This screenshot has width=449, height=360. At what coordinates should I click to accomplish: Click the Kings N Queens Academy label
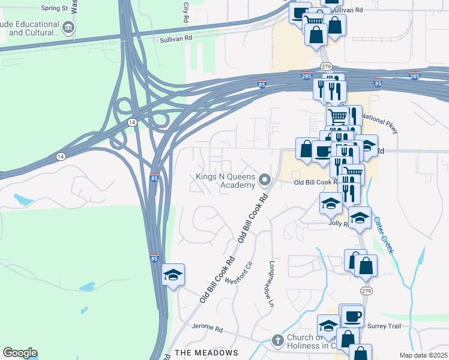(x=225, y=181)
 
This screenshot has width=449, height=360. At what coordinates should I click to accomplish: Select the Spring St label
(x=54, y=8)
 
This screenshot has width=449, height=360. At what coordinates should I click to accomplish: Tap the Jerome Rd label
(x=207, y=329)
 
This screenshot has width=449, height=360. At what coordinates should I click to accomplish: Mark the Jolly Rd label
(x=339, y=223)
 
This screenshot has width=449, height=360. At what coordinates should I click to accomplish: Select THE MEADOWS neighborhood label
(x=206, y=353)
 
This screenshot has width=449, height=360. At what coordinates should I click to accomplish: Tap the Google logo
(x=20, y=353)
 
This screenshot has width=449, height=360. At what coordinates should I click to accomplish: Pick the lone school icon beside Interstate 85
(x=173, y=275)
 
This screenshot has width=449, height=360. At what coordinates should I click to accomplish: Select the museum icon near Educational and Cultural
(x=68, y=27)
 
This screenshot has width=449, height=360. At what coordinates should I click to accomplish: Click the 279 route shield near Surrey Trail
(x=366, y=290)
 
